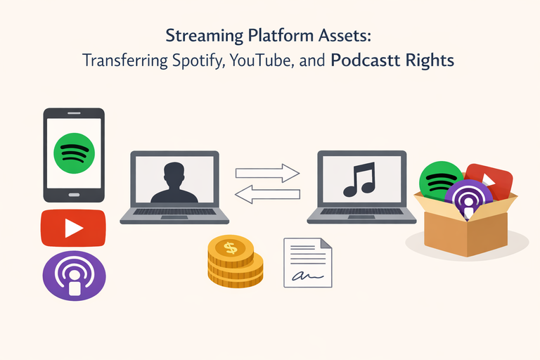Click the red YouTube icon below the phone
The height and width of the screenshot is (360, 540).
tap(73, 228)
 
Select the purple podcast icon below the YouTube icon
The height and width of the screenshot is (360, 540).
tap(73, 276)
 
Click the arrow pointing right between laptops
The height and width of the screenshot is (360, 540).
tap(266, 172)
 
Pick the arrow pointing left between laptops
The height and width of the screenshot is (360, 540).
tap(266, 194)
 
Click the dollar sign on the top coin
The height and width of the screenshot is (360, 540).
tap(229, 247)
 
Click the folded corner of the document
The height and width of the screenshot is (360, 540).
tap(326, 244)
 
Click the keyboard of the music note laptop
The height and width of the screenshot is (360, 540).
tap(360, 211)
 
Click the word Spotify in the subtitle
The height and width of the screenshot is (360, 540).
tap(195, 60)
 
